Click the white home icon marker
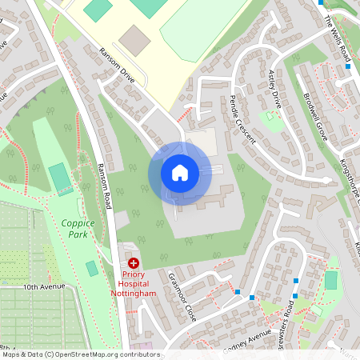click(x=180, y=172)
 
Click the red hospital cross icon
click(x=133, y=262)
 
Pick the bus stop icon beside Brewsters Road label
click(x=296, y=282)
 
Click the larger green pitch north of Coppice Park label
click(x=59, y=178)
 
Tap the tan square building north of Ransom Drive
click(x=134, y=39)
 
